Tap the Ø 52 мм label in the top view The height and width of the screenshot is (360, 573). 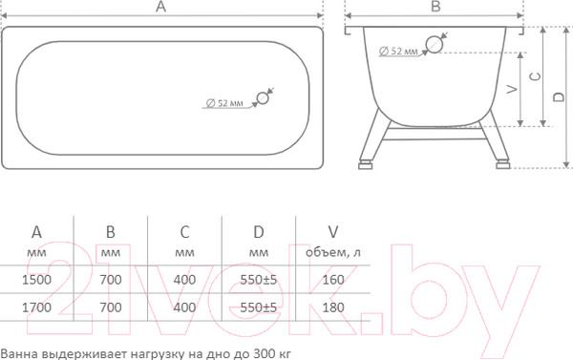(224, 102)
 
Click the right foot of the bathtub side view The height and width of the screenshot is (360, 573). (502, 163)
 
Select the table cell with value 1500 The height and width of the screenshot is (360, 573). (37, 280)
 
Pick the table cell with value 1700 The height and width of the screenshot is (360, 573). (37, 308)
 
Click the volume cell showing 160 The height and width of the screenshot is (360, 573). (332, 280)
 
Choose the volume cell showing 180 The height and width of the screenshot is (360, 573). (332, 308)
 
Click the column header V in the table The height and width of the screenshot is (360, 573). (332, 232)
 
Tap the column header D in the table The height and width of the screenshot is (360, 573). (258, 232)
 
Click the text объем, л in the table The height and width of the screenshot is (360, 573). (332, 252)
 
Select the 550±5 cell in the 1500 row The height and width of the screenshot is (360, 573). (258, 280)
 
